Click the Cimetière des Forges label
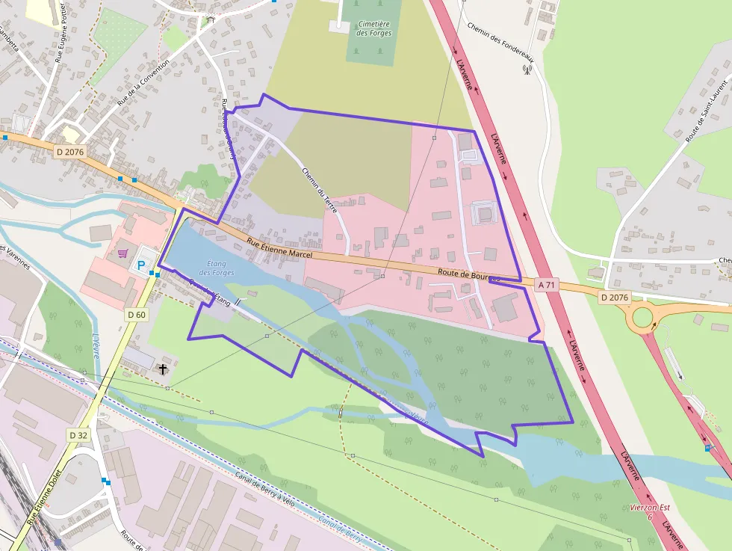(374, 28)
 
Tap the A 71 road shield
(548, 285)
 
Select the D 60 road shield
(137, 315)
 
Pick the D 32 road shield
(78, 435)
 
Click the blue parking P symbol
(140, 265)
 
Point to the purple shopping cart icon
(122, 253)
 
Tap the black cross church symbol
(164, 369)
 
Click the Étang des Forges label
(217, 268)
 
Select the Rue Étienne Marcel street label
(279, 248)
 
